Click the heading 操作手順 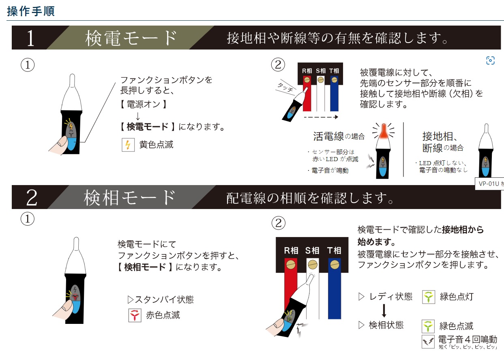point(31,11)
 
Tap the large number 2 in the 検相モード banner point(32,198)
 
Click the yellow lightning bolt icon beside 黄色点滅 point(128,145)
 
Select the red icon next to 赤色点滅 point(135,315)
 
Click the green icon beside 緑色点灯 point(429,297)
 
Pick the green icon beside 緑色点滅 point(428,326)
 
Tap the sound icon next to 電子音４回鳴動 point(428,342)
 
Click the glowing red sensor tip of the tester point(384,132)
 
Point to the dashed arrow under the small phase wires point(321,117)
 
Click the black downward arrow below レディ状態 point(384,310)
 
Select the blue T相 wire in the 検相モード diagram point(335,289)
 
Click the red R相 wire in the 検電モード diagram point(307,93)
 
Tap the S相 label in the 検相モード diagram point(312,250)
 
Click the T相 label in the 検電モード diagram point(334,71)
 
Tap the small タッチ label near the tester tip point(285,87)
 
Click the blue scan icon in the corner point(491,60)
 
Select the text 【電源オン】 point(143,104)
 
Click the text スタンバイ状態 point(161,300)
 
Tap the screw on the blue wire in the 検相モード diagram point(335,265)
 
